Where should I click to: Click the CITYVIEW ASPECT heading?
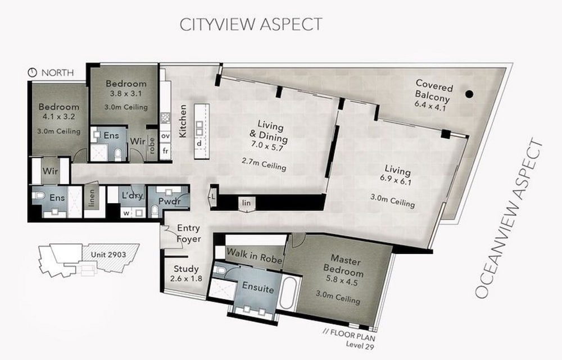coord(251,24)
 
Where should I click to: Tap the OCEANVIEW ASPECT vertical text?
coord(510,218)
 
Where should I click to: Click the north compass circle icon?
coord(32,72)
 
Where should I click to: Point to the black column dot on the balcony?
coord(469,94)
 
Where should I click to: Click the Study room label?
coord(186,268)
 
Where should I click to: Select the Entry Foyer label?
coord(189,234)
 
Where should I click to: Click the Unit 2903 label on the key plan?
coord(108,254)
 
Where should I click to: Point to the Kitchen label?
coord(183,121)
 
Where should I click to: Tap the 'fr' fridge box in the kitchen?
coord(165,151)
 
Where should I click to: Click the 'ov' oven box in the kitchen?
coord(165,136)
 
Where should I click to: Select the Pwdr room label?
coord(170,202)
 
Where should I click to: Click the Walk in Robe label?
coord(255,256)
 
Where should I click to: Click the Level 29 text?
coord(360,345)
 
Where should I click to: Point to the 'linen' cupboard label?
coord(92,198)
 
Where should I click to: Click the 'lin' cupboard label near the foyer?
coord(247,203)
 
